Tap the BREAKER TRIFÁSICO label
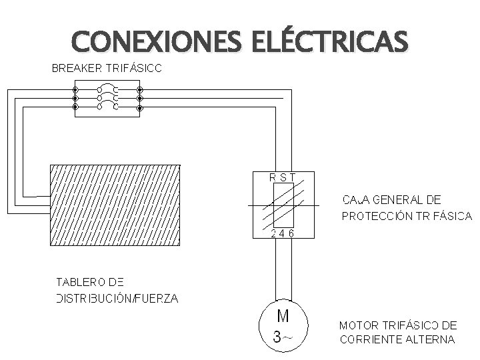click(x=106, y=68)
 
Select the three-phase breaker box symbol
click(x=107, y=98)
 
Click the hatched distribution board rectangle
click(x=115, y=204)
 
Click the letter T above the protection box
click(x=293, y=177)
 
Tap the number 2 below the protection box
click(x=273, y=233)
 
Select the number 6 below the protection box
click(x=293, y=233)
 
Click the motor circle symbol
click(x=283, y=326)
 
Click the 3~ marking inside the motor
click(x=282, y=337)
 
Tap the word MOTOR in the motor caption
click(x=359, y=326)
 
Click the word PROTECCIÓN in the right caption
click(x=374, y=216)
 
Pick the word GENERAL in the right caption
click(x=399, y=199)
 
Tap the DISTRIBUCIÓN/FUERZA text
click(x=117, y=298)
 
